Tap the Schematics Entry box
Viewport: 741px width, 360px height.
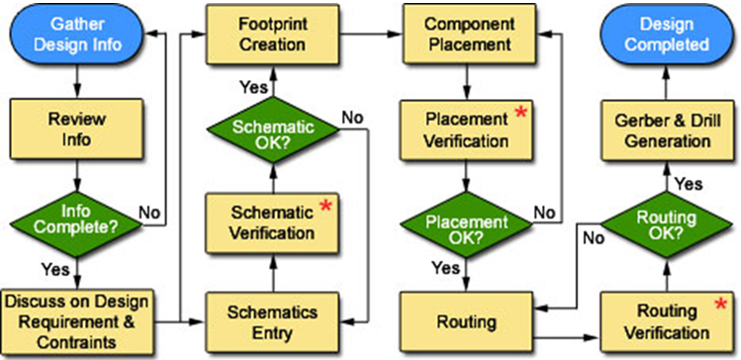pos(261,317)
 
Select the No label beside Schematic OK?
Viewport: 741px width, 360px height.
pos(352,118)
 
